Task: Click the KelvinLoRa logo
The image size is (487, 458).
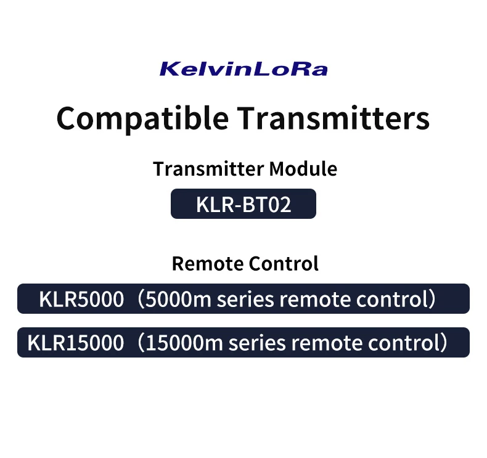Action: tap(243, 68)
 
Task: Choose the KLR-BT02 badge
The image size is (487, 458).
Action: tap(243, 204)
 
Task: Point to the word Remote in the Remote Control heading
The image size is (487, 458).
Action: tap(207, 264)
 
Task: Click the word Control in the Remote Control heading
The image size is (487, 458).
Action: tap(283, 264)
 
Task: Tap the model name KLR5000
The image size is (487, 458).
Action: tap(81, 300)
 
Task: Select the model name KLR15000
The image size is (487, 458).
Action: tap(75, 343)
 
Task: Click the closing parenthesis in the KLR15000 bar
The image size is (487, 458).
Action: tap(444, 343)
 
